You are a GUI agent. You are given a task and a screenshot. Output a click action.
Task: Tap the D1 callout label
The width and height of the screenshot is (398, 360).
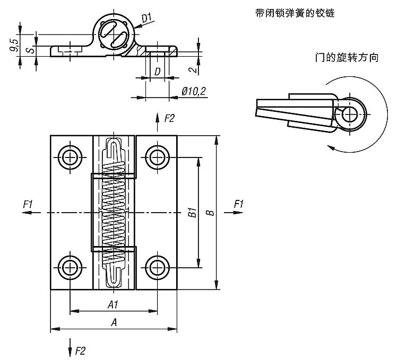tap(146, 19)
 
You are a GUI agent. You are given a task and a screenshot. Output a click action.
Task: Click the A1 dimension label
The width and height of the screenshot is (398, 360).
tap(113, 304)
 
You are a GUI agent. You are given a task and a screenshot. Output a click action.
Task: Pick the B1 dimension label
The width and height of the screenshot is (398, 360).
tap(193, 213)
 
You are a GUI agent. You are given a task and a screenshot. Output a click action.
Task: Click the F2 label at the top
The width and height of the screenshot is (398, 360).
tap(169, 118)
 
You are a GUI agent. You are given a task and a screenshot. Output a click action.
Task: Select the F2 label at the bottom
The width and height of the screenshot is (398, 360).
tap(80, 350)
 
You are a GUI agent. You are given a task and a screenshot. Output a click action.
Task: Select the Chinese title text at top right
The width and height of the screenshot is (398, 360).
tap(295, 12)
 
